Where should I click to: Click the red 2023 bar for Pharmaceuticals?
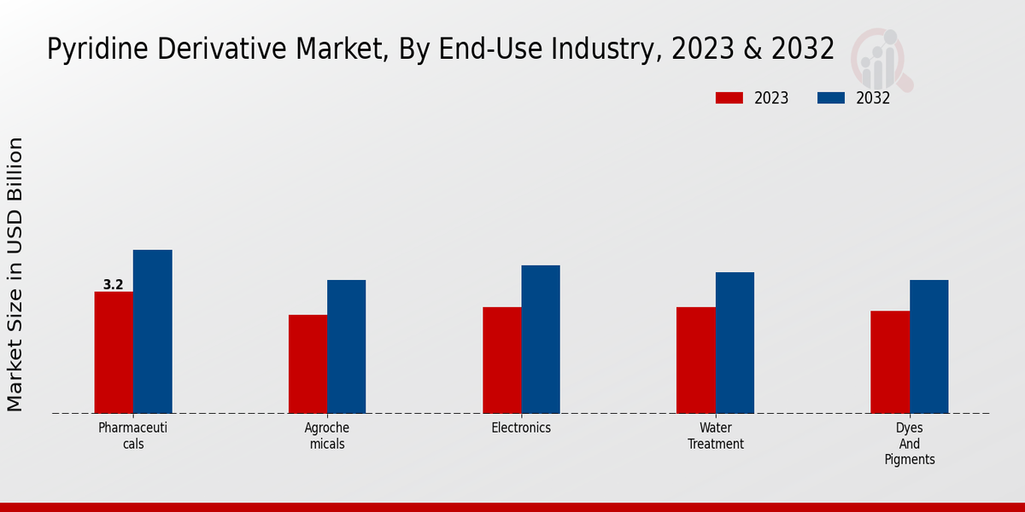click(114, 352)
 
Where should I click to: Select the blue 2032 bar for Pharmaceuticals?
click(152, 332)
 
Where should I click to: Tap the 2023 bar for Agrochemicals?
click(307, 364)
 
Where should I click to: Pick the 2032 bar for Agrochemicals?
click(346, 346)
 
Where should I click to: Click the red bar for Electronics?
click(501, 360)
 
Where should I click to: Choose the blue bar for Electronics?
click(541, 340)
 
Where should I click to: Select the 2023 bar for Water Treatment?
click(695, 360)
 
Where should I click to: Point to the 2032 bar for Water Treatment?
click(735, 343)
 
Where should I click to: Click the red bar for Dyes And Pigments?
click(890, 362)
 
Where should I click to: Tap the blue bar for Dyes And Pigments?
click(928, 346)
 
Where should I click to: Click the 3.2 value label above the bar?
click(114, 285)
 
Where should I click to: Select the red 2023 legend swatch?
click(729, 98)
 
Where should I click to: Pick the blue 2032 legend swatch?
click(831, 98)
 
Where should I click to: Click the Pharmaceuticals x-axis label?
click(132, 436)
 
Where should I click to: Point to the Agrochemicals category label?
click(327, 436)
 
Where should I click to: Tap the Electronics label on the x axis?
click(521, 428)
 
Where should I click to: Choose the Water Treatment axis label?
click(716, 436)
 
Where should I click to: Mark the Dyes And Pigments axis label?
click(910, 444)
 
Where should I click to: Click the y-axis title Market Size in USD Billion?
click(15, 275)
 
